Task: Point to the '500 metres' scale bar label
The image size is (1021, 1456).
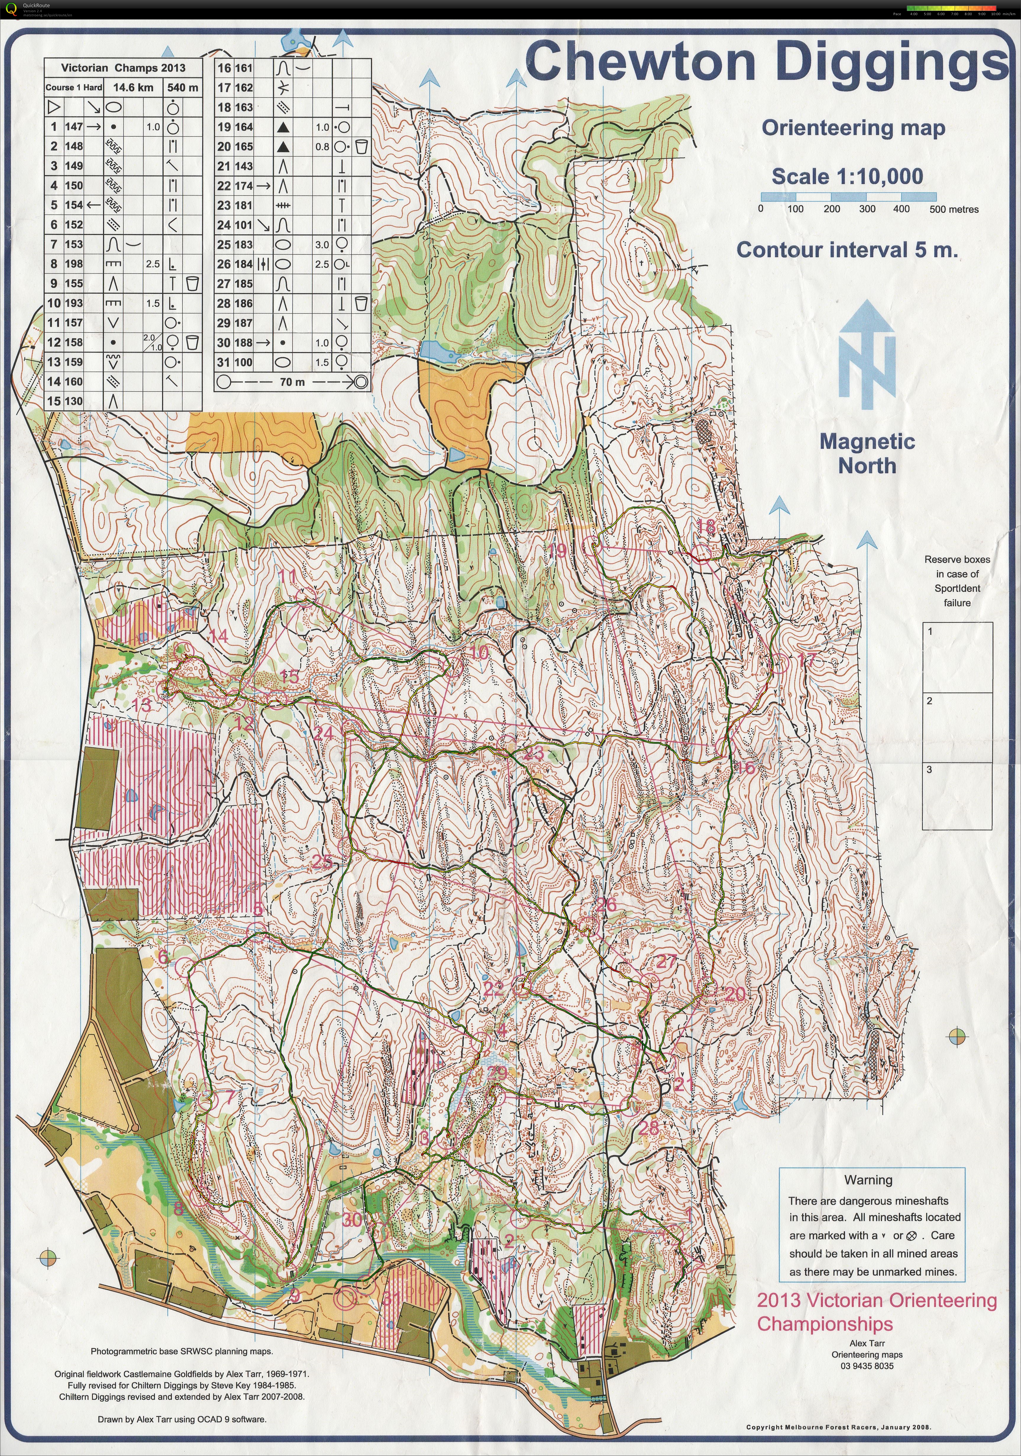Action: pos(954,209)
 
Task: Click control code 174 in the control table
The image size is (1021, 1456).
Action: pos(244,186)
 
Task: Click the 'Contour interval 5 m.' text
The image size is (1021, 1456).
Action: pos(846,250)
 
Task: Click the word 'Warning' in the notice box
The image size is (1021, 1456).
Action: pos(868,1180)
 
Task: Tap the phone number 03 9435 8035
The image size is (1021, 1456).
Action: pos(867,1366)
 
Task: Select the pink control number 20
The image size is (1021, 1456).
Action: pos(735,994)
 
